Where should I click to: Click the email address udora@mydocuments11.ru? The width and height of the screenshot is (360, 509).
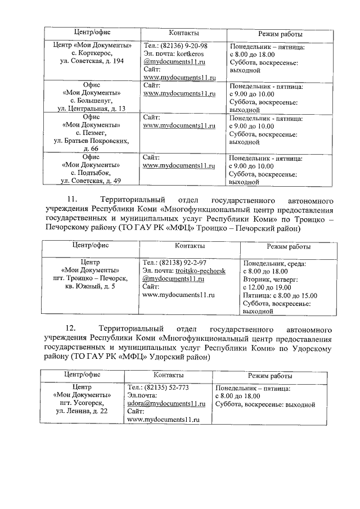coord(164,404)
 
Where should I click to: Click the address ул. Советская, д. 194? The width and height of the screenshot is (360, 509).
coord(92,61)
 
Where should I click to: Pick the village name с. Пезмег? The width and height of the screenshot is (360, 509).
coord(92,133)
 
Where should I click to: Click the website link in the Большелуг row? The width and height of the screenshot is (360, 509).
coord(179,93)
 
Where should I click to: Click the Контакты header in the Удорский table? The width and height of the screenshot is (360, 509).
coord(168,375)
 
